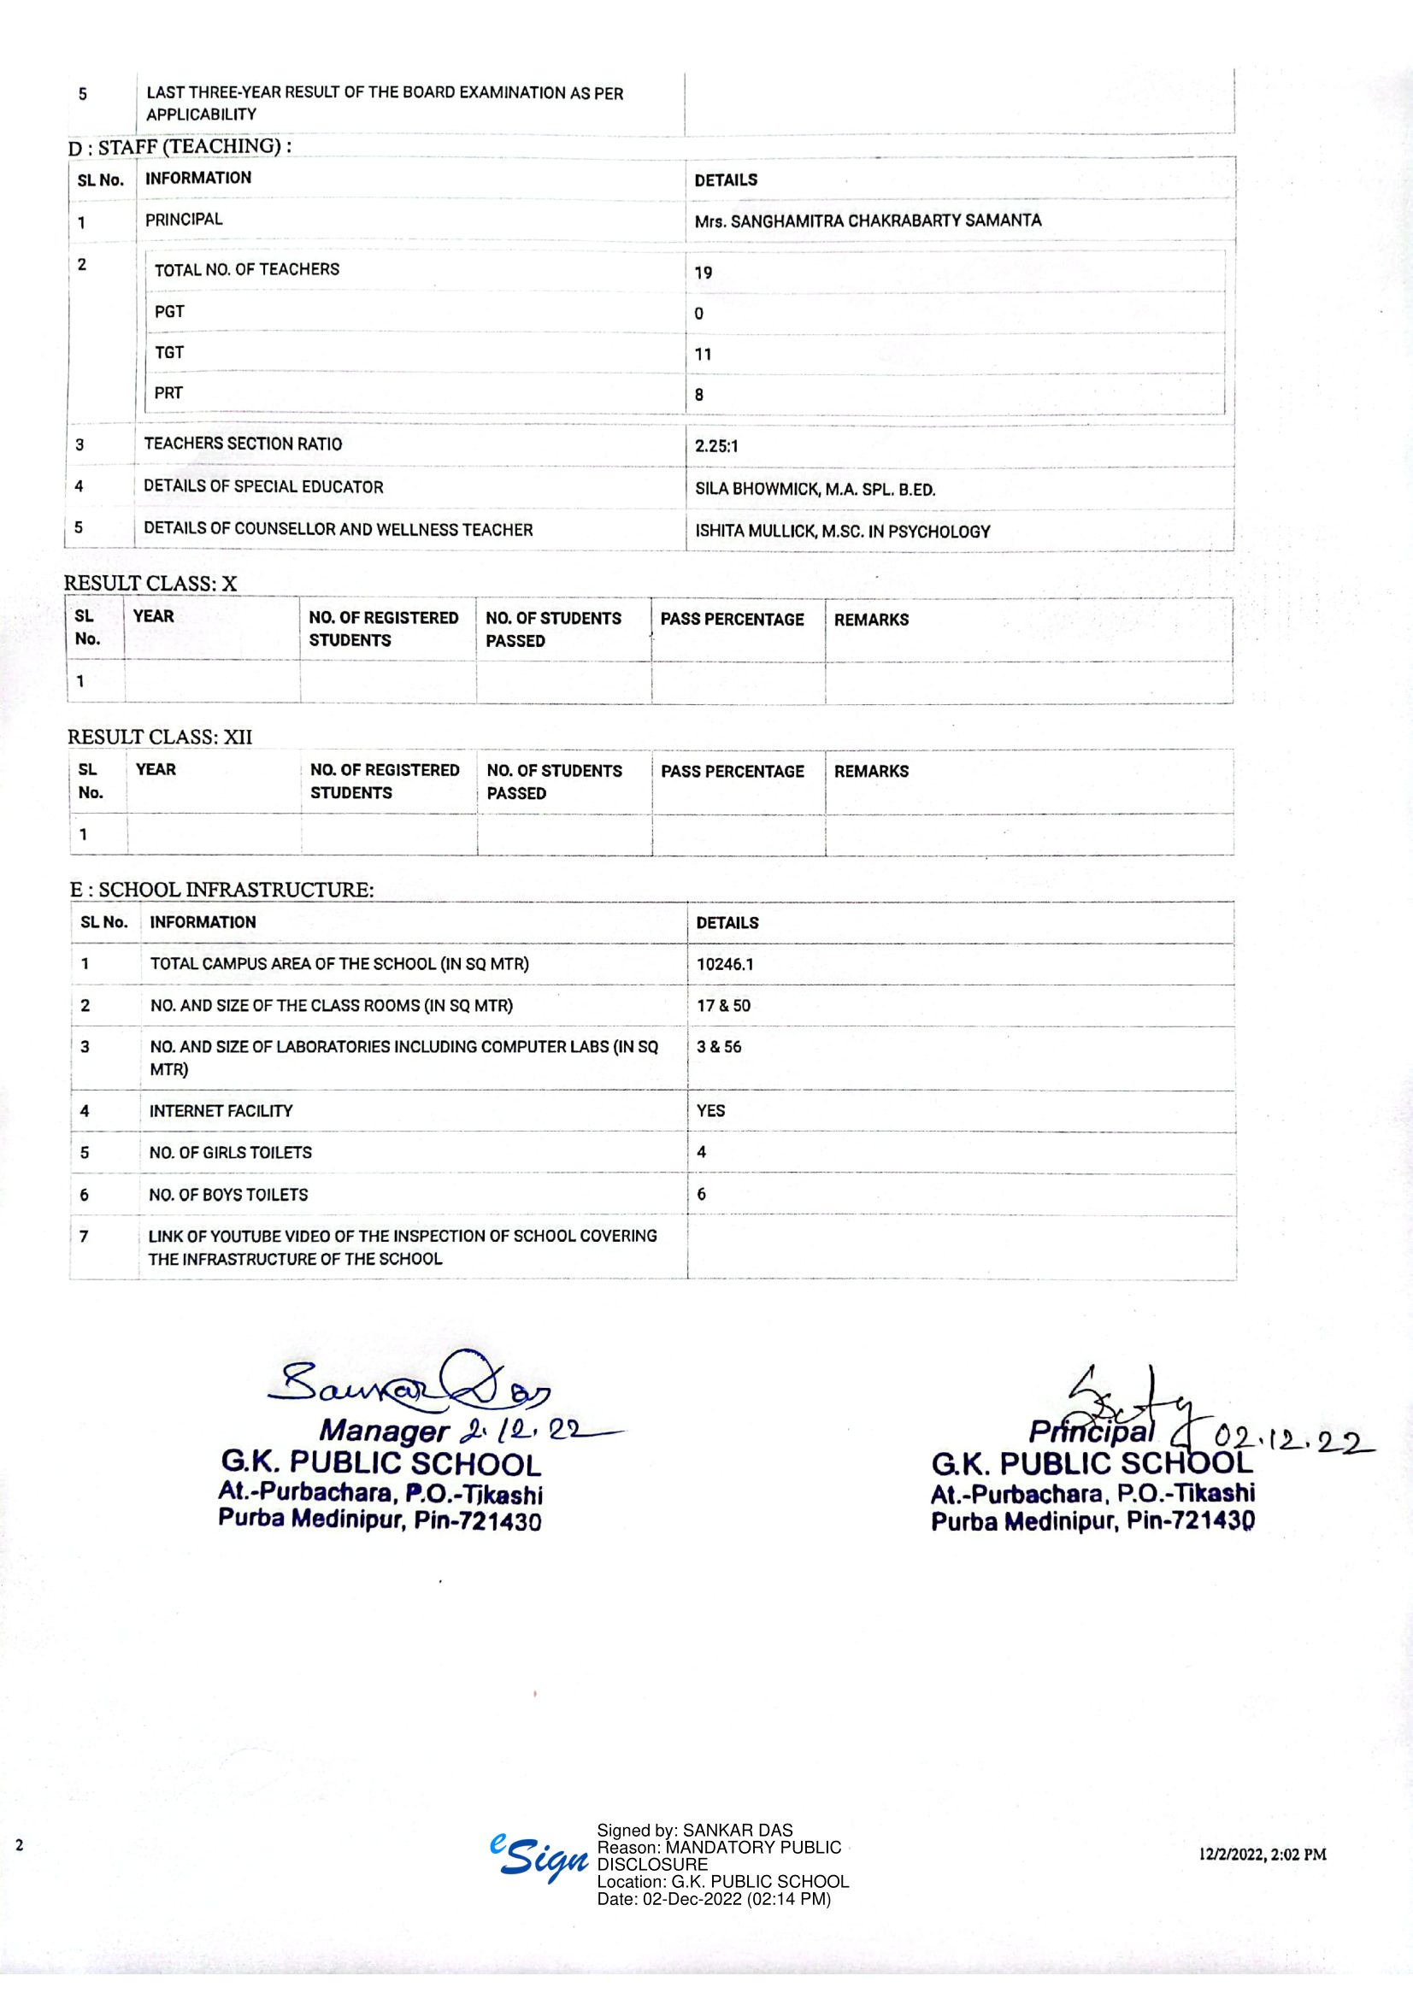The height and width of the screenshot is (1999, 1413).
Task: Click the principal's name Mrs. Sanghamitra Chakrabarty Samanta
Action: pos(867,221)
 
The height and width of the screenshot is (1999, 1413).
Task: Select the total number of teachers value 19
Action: pos(703,273)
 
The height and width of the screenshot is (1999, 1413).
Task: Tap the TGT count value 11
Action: pos(703,355)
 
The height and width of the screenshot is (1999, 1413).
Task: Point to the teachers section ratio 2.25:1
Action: pos(715,446)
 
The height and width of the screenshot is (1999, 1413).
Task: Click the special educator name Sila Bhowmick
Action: pos(757,490)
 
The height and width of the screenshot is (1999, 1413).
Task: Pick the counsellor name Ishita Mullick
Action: pos(756,531)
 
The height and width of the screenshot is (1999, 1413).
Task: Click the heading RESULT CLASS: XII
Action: pos(159,737)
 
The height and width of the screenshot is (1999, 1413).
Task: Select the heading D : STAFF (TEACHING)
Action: pos(180,146)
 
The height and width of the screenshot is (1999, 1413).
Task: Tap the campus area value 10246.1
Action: pos(724,964)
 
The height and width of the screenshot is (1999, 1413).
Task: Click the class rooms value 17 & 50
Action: pos(722,1006)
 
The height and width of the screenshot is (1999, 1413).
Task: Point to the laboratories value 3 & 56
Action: pos(718,1047)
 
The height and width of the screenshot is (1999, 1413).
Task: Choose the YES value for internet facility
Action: pos(710,1111)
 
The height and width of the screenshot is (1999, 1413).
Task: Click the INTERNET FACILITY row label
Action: pos(221,1111)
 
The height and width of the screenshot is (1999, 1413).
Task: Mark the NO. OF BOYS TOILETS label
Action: pos(228,1195)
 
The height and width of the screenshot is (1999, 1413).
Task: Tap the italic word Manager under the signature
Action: pos(383,1431)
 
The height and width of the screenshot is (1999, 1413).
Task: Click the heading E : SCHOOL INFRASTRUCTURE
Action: pos(222,889)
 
